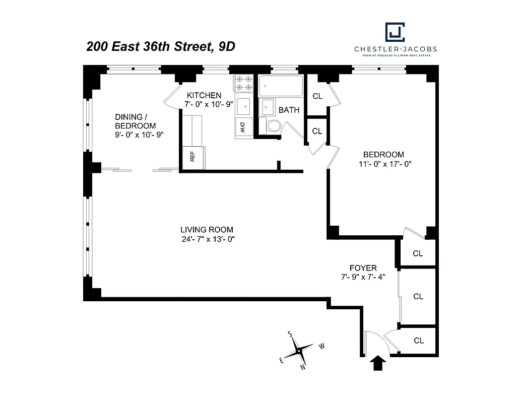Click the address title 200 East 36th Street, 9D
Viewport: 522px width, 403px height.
click(161, 47)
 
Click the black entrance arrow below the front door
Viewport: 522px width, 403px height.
click(377, 363)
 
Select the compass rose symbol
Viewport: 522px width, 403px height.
click(299, 350)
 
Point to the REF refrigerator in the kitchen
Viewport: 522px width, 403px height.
click(193, 157)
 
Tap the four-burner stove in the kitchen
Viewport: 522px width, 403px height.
click(243, 84)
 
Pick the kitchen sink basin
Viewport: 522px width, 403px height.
click(244, 106)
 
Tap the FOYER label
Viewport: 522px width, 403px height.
click(363, 268)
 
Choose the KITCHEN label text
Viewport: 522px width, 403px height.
click(204, 95)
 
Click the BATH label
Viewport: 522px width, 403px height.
click(289, 110)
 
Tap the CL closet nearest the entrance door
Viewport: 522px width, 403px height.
click(418, 341)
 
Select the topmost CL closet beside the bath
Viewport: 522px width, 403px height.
click(317, 96)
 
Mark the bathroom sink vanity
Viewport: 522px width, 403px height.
click(268, 107)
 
